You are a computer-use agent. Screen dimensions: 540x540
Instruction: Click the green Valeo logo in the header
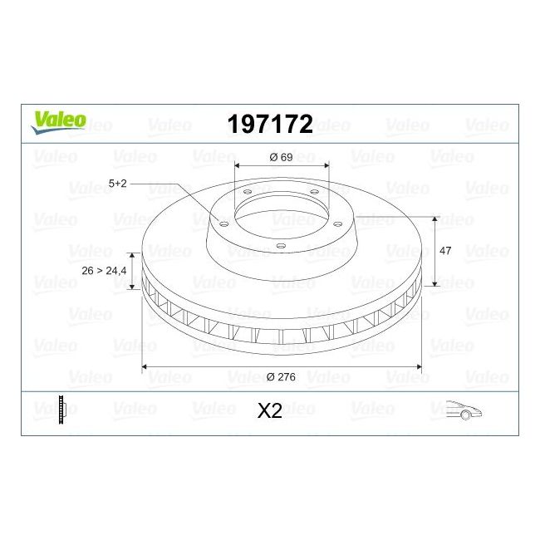(58, 121)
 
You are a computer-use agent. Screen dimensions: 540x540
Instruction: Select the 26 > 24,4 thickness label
(105, 271)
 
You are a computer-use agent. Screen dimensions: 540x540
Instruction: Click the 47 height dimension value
(444, 251)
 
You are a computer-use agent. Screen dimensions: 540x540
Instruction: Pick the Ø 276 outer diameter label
(281, 377)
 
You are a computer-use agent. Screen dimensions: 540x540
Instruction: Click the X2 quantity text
(271, 410)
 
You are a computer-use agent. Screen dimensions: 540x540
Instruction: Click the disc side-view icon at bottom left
(61, 410)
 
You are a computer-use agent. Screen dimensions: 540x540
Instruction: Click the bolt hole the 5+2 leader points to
(223, 221)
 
